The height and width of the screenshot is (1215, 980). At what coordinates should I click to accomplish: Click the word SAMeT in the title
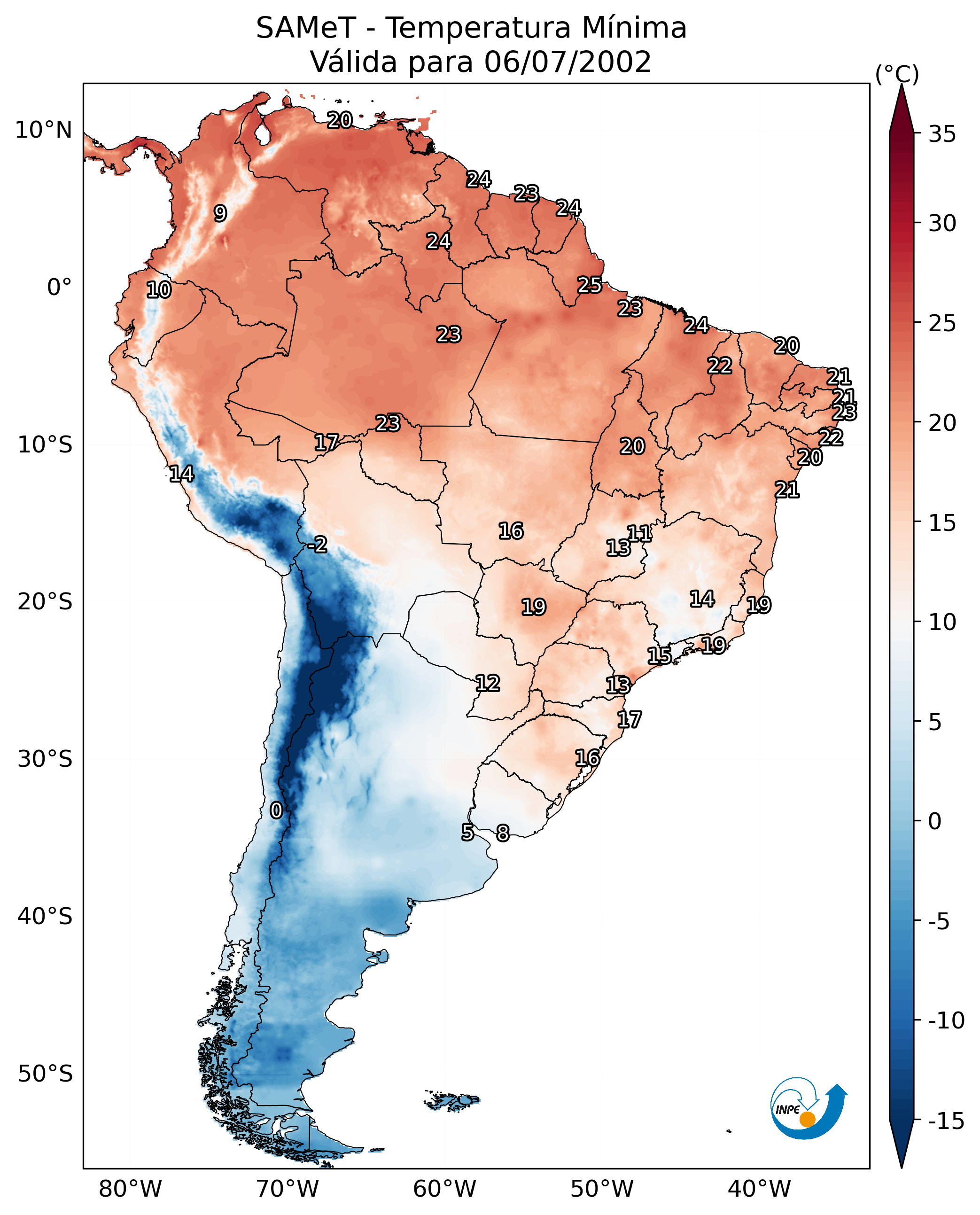(306, 28)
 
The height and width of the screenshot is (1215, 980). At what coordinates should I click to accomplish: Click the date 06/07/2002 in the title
(568, 62)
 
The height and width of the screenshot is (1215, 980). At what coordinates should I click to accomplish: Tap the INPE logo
(808, 1108)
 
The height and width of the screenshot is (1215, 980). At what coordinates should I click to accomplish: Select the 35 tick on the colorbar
(942, 134)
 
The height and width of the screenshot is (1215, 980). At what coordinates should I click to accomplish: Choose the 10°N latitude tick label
(44, 131)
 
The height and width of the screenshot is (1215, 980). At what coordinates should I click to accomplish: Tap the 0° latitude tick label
(59, 288)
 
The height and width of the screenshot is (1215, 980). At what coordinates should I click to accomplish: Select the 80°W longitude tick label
(131, 1189)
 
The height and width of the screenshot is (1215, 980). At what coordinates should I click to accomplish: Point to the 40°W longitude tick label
(759, 1189)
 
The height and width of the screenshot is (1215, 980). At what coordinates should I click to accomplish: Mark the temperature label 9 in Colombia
(220, 213)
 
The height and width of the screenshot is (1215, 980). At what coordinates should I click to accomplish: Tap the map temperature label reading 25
(589, 285)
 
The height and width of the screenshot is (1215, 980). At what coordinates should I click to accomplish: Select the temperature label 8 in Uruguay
(502, 833)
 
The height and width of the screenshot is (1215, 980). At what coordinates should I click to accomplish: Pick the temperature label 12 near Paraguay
(487, 684)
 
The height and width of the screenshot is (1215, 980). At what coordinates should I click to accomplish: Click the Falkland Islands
(451, 1100)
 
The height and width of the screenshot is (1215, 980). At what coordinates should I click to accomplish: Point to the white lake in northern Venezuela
(262, 134)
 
